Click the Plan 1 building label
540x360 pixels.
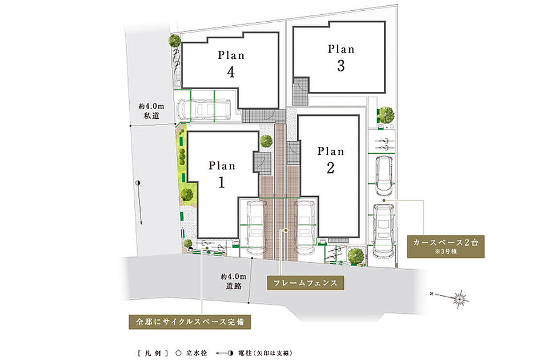click(222, 175)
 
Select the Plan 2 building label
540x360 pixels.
click(331, 160)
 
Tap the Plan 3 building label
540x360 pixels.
click(341, 58)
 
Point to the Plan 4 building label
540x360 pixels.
click(231, 64)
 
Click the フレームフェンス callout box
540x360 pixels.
click(306, 283)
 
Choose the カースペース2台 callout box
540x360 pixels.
click(446, 246)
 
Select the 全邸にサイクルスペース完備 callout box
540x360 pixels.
click(190, 322)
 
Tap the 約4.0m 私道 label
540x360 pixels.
click(151, 111)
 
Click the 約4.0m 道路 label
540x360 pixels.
click(234, 281)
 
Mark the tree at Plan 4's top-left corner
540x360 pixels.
click(175, 41)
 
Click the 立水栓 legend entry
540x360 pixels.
click(191, 353)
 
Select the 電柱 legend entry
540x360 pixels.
click(254, 353)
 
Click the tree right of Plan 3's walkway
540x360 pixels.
click(386, 114)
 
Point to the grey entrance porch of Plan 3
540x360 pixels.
click(301, 91)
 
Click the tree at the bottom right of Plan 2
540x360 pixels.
click(356, 255)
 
